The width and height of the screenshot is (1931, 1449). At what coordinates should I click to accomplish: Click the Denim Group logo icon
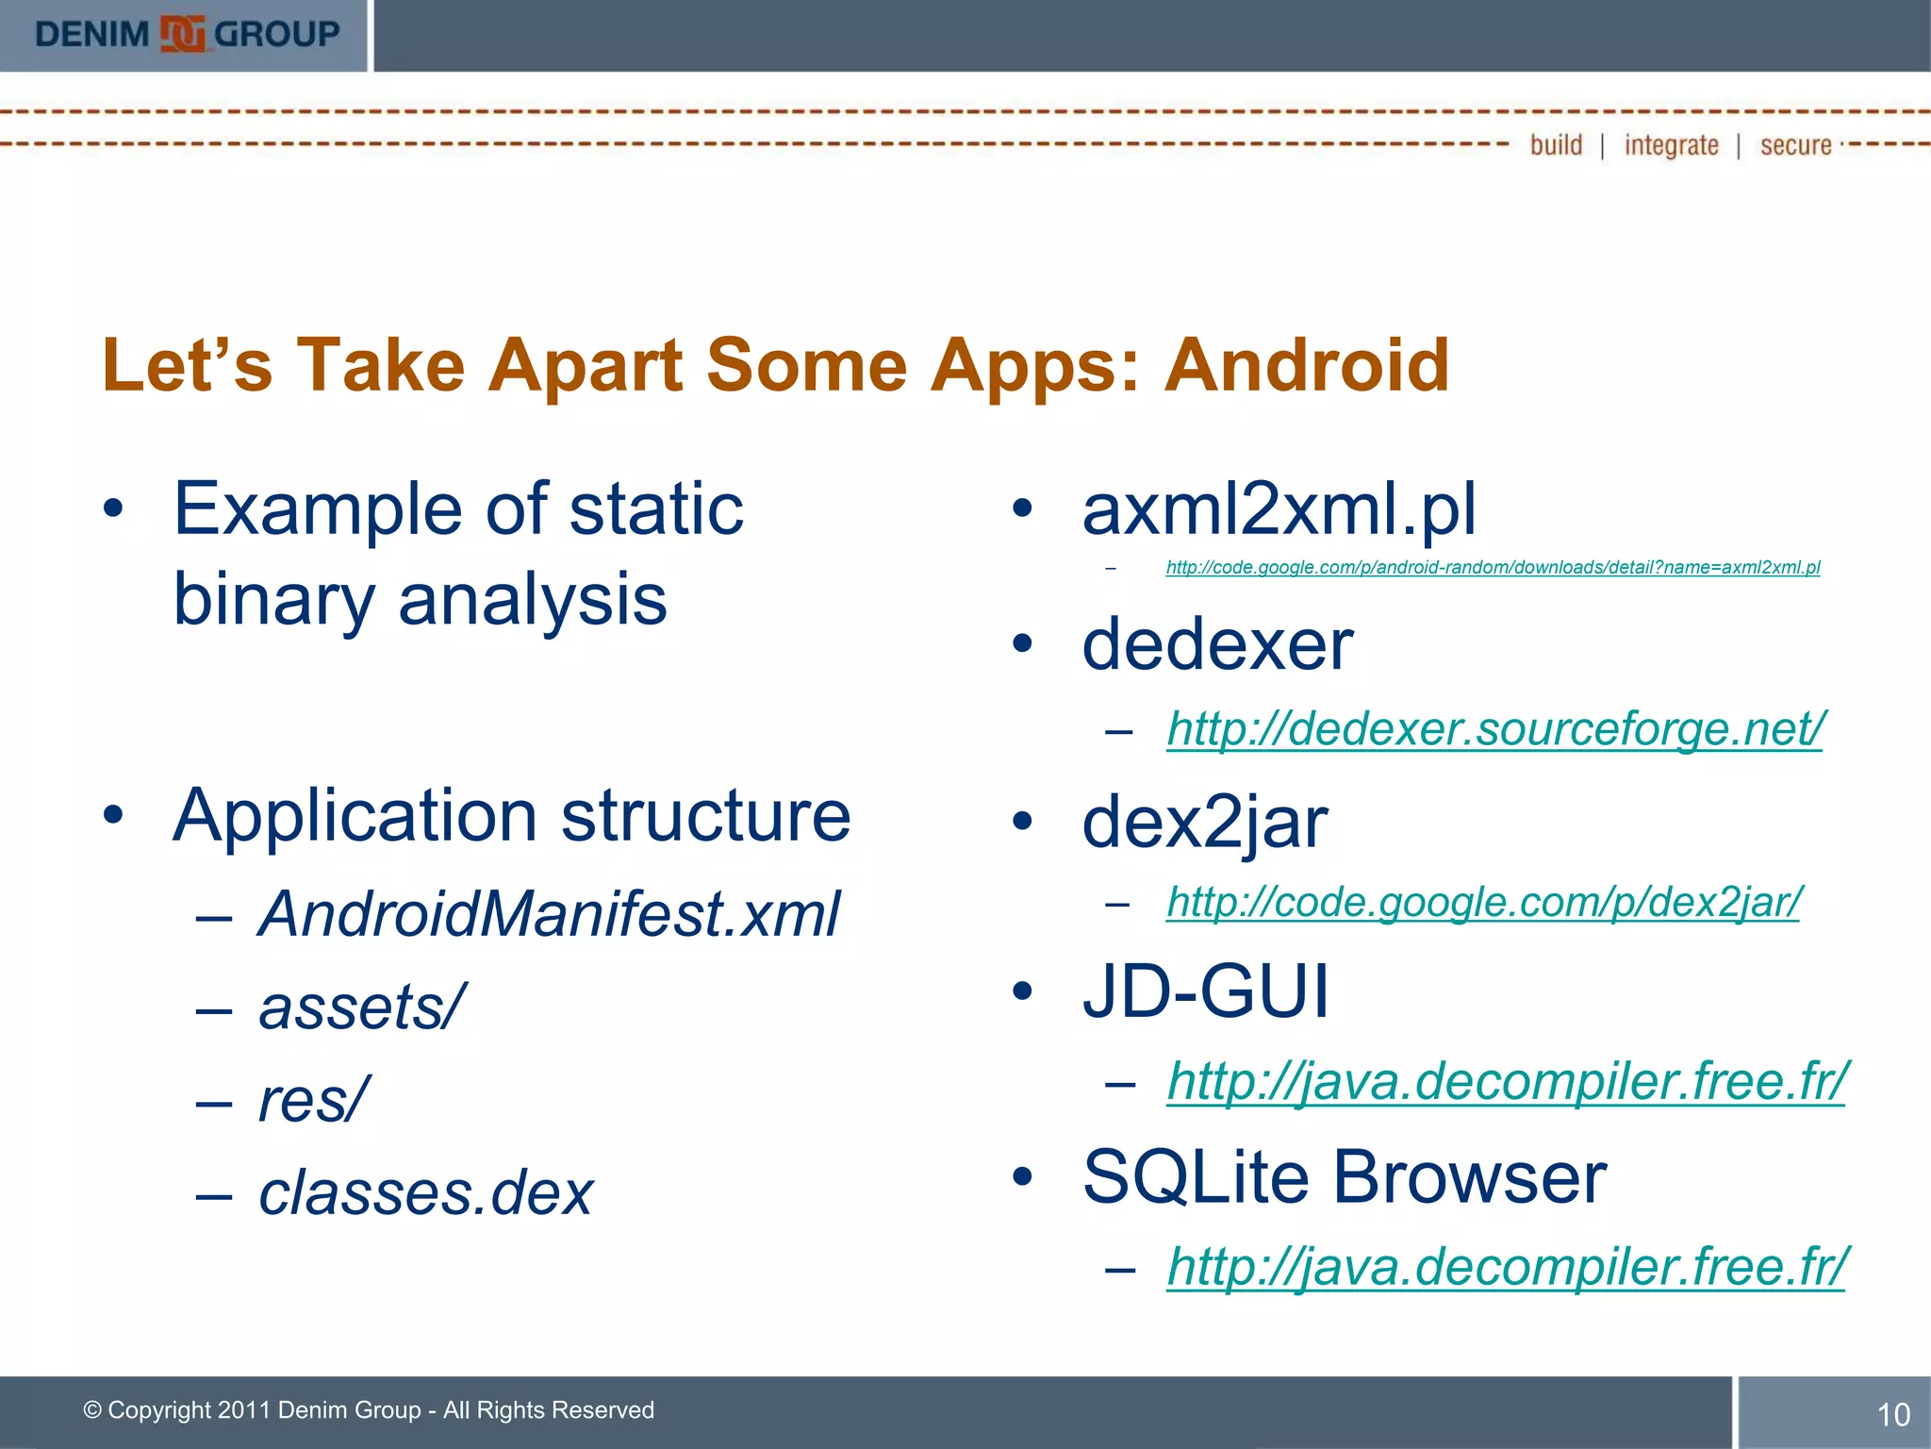pyautogui.click(x=182, y=35)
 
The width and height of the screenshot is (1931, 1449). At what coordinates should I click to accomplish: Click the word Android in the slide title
pyautogui.click(x=1307, y=365)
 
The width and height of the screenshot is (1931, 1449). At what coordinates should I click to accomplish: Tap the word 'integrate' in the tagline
pyautogui.click(x=1671, y=145)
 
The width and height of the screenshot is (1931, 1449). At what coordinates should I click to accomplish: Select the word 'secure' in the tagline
pyautogui.click(x=1795, y=145)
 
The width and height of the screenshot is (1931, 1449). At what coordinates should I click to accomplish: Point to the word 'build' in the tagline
pyautogui.click(x=1556, y=145)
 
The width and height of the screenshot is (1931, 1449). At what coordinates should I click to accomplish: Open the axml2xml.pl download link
pyautogui.click(x=1493, y=567)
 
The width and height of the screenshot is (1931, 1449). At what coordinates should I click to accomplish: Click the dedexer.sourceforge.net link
pyautogui.click(x=1495, y=728)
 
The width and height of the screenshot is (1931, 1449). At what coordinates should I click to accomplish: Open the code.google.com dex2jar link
pyautogui.click(x=1484, y=902)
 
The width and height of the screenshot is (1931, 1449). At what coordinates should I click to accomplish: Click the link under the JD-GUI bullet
pyautogui.click(x=1506, y=1080)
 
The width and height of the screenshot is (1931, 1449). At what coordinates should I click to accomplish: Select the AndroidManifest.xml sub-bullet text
pyautogui.click(x=549, y=914)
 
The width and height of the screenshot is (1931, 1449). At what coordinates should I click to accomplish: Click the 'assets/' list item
pyautogui.click(x=362, y=1007)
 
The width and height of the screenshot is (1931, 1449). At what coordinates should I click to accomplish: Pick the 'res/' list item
pyautogui.click(x=313, y=1099)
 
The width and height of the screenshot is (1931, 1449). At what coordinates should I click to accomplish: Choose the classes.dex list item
pyautogui.click(x=426, y=1192)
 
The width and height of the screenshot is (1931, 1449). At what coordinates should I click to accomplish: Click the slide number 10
pyautogui.click(x=1893, y=1414)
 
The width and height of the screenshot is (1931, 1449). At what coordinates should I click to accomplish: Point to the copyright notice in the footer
pyautogui.click(x=369, y=1409)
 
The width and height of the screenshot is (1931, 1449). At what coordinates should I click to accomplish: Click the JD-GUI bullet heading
pyautogui.click(x=1205, y=991)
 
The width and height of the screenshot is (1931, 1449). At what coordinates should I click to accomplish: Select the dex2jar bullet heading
pyautogui.click(x=1204, y=822)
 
